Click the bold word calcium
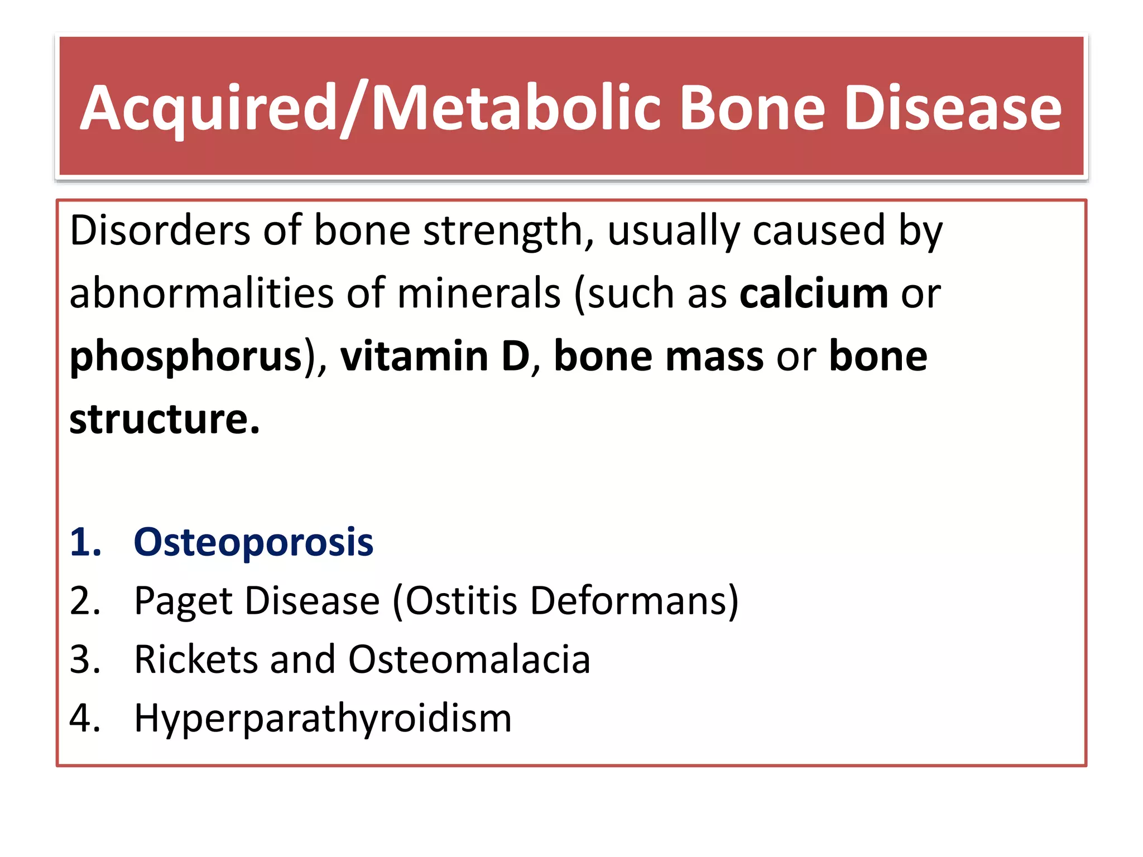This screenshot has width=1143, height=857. (813, 293)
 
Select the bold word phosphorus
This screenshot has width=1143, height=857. (186, 357)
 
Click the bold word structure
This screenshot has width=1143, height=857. (164, 419)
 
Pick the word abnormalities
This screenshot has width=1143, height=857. (201, 293)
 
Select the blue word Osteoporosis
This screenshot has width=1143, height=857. (253, 542)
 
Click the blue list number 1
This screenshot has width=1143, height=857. (85, 542)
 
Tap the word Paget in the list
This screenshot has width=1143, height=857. (184, 601)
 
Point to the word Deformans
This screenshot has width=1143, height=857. (628, 601)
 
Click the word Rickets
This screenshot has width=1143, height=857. (195, 659)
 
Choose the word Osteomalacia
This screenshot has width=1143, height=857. (469, 659)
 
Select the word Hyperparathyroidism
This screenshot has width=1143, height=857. (323, 719)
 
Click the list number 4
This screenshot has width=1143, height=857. (85, 718)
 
